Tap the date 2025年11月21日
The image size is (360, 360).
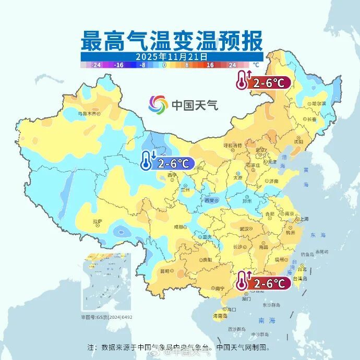pos(172,56)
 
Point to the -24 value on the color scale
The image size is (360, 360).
pos(96,65)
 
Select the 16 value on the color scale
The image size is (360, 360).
pos(210,65)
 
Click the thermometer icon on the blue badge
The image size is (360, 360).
pos(148,161)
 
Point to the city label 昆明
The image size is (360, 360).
pos(165,271)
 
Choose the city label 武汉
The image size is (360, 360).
pos(244,229)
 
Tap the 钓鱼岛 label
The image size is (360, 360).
pos(322,254)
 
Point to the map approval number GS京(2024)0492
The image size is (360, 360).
pos(106,317)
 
